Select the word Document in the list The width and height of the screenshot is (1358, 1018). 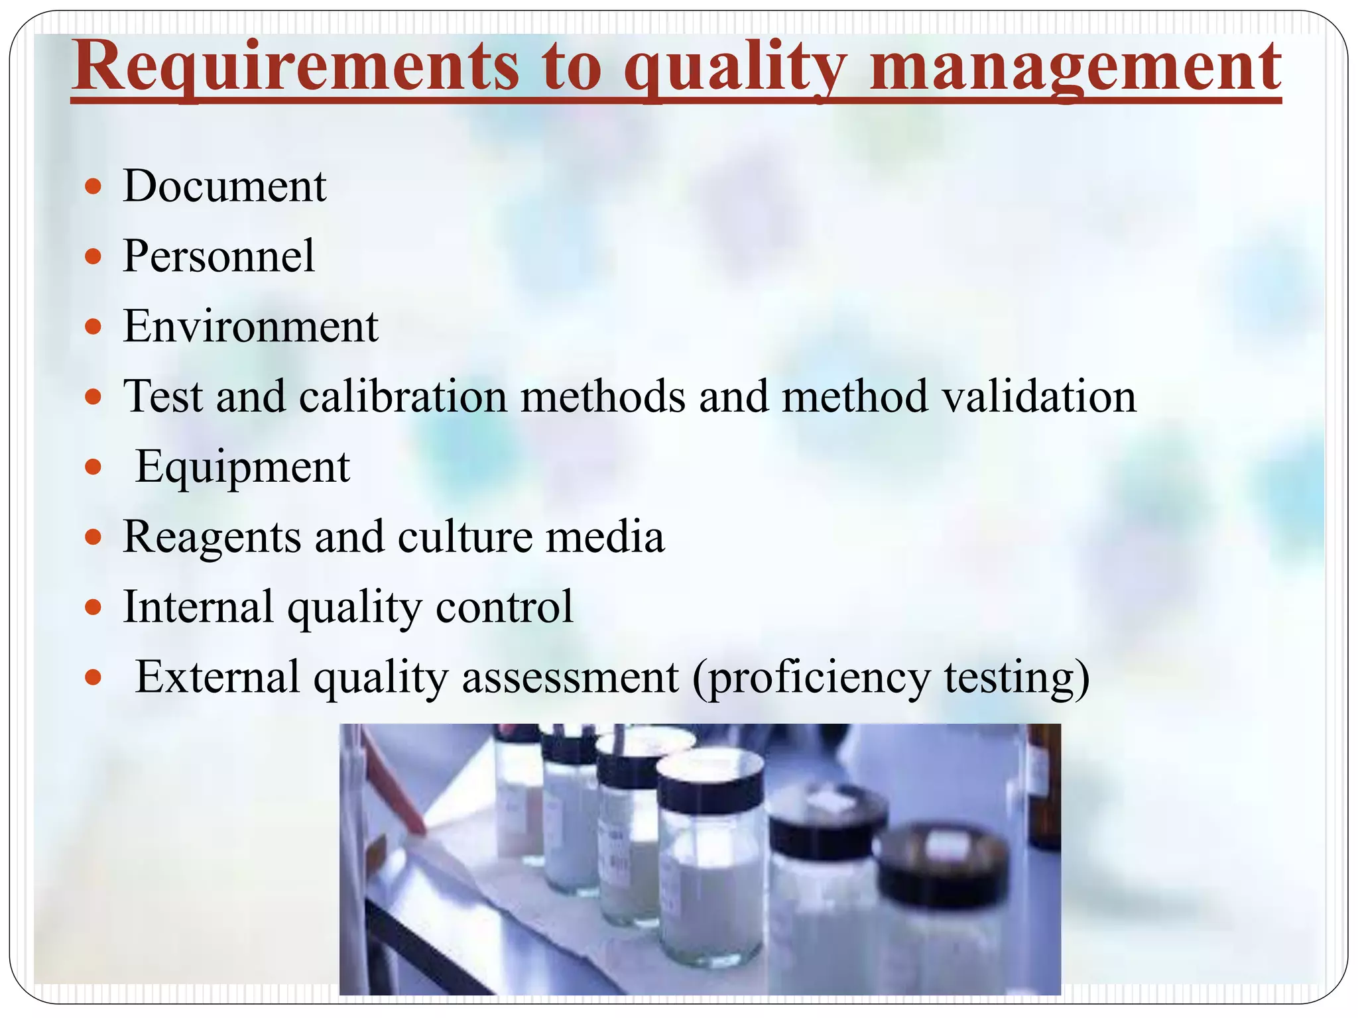(225, 186)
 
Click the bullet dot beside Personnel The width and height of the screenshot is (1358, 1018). (93, 256)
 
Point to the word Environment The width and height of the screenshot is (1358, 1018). (251, 327)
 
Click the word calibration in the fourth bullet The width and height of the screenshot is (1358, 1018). (402, 396)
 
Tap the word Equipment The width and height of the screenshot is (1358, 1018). (243, 467)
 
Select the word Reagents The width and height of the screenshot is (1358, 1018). (212, 537)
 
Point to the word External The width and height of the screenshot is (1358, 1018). (217, 677)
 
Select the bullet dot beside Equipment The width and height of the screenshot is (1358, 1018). (93, 467)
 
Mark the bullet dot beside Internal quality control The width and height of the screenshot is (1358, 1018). (93, 607)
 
